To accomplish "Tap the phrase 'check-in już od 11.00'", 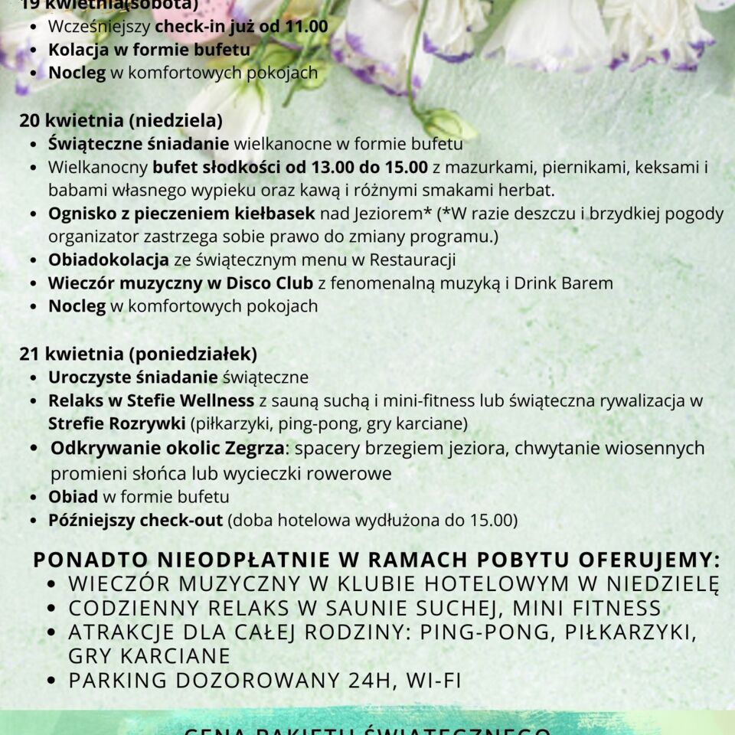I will point(241,27).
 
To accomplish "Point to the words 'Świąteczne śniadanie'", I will point(139,143).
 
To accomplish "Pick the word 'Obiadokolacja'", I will point(108,260).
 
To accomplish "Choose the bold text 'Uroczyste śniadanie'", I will point(133,377).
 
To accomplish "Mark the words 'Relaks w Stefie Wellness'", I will point(151,400).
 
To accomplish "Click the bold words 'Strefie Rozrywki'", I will point(116,423).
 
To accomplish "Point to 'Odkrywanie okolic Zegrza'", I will point(168,448).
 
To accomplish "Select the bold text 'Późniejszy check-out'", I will point(136,521).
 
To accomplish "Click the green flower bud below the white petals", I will point(448,123).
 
